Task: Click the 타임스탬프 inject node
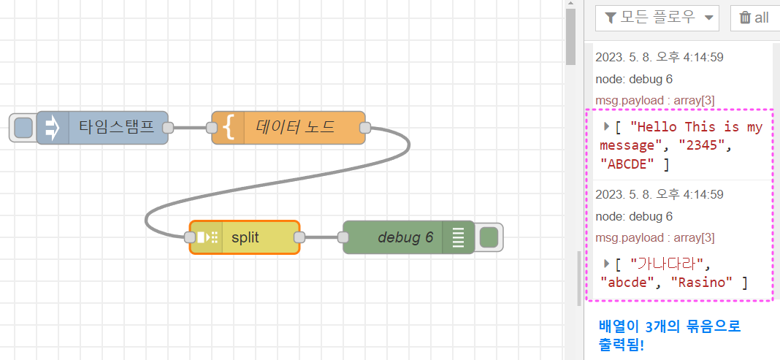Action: point(117,128)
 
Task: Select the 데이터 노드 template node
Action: point(295,128)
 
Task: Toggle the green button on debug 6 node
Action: point(489,237)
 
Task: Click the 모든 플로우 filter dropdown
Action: point(657,18)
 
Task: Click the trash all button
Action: point(754,18)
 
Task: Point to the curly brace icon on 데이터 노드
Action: point(229,128)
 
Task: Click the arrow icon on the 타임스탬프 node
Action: point(53,128)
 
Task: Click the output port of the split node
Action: point(299,237)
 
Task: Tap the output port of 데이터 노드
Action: point(365,128)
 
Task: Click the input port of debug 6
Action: point(343,237)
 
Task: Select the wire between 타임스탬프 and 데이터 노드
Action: point(190,128)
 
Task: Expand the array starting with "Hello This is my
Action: point(606,126)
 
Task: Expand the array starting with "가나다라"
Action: point(606,263)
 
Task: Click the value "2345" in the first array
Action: point(701,145)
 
